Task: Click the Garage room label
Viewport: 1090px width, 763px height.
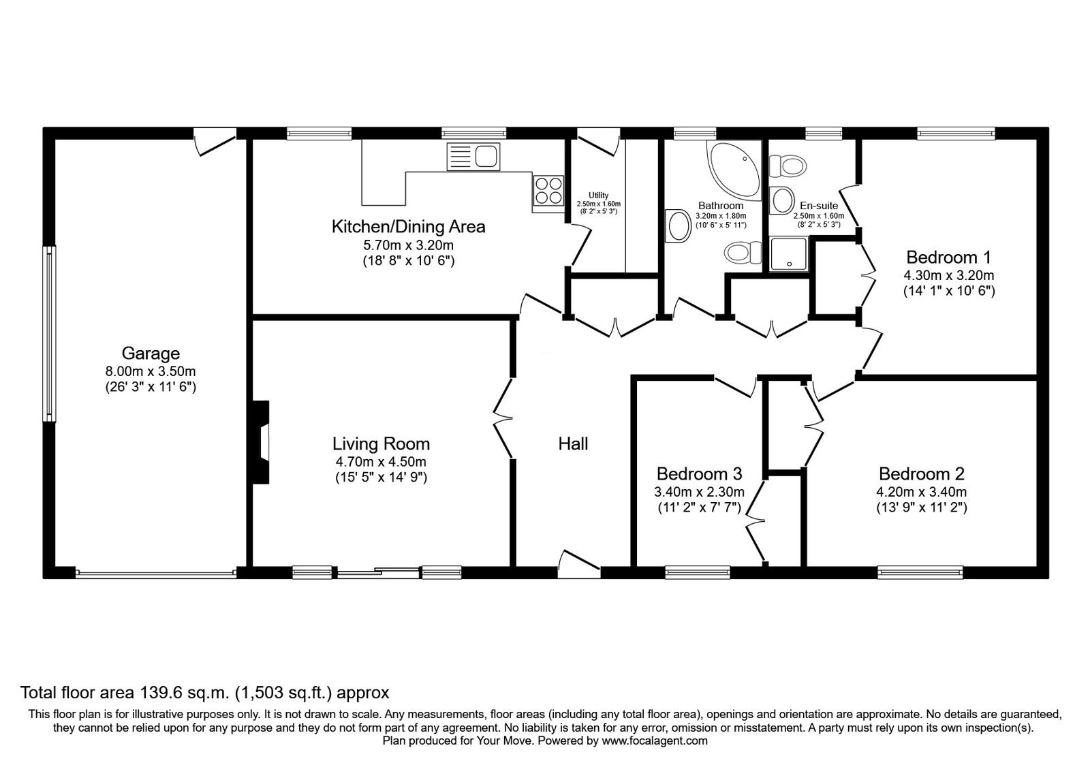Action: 151,353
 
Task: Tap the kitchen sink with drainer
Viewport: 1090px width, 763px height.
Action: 473,156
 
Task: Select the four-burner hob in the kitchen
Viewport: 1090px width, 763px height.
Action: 548,190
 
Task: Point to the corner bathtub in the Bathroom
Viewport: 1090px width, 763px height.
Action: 733,170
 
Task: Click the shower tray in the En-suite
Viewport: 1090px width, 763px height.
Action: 789,253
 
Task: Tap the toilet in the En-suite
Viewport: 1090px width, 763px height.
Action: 788,166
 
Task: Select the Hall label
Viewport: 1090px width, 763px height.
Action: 573,443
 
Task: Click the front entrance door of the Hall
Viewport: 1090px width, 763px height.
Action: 579,564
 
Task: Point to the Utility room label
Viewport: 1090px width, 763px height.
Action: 598,195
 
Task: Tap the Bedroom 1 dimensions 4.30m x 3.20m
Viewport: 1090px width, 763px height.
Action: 948,275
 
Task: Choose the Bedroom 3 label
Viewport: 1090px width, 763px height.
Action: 699,473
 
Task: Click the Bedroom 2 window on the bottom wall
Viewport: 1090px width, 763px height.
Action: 920,572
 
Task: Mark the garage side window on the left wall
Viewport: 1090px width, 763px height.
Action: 49,333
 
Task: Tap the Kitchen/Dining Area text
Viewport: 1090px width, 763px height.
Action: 408,227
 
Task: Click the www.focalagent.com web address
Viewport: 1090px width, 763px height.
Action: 655,741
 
